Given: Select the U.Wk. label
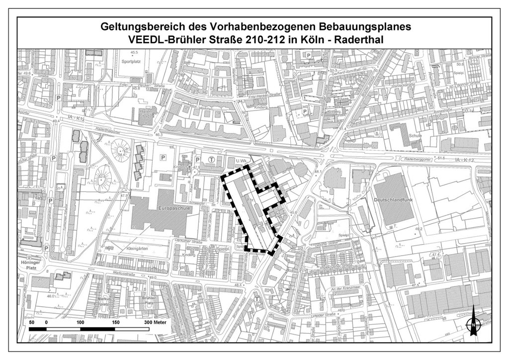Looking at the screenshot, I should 242,161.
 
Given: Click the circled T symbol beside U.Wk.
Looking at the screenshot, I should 212,160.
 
